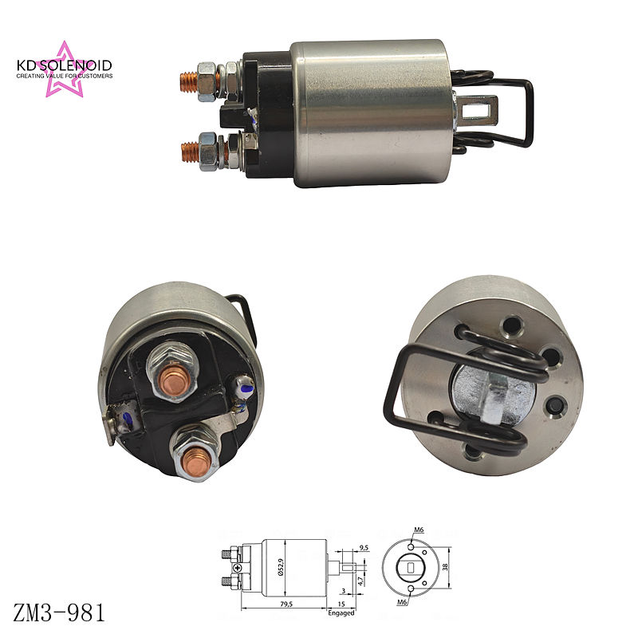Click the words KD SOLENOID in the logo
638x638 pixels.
tap(65, 65)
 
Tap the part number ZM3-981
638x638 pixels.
tap(59, 612)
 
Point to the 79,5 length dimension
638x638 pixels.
tap(286, 604)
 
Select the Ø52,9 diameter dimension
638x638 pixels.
tap(282, 567)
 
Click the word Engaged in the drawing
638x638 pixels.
tap(341, 612)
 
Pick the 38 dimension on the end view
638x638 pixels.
tap(445, 567)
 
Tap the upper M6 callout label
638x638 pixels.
tap(419, 530)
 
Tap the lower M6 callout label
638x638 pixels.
tap(402, 602)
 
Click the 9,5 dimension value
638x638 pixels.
tap(364, 548)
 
